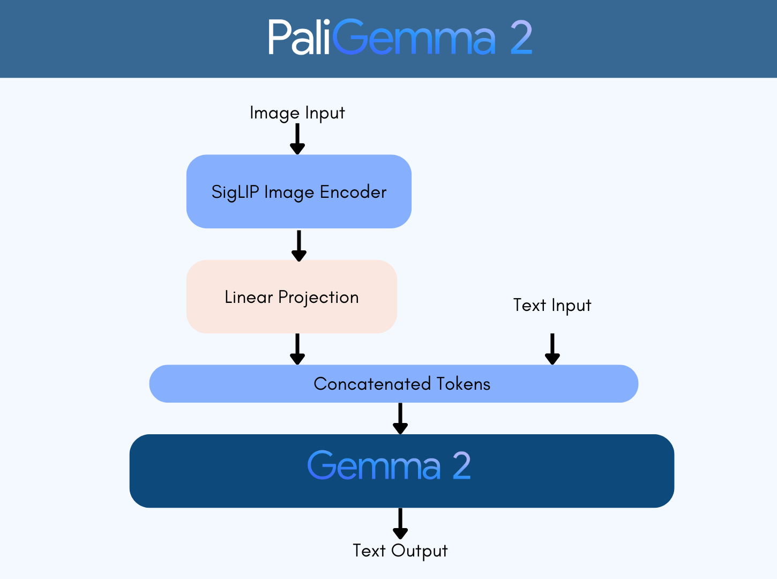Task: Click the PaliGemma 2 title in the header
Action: point(400,38)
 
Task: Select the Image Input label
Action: point(297,113)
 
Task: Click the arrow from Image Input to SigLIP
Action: point(297,139)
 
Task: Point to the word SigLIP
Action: point(235,192)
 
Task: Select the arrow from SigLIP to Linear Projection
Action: point(298,246)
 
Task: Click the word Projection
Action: point(318,298)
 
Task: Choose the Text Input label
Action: point(552,306)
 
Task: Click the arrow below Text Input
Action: point(552,349)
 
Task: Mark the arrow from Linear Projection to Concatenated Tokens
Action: point(297,349)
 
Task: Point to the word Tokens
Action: point(464,384)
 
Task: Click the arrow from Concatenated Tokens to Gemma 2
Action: point(400,419)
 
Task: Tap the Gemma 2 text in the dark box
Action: point(388,465)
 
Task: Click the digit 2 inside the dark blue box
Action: point(461,465)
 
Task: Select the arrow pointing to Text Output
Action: point(400,524)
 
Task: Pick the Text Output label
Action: point(400,551)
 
